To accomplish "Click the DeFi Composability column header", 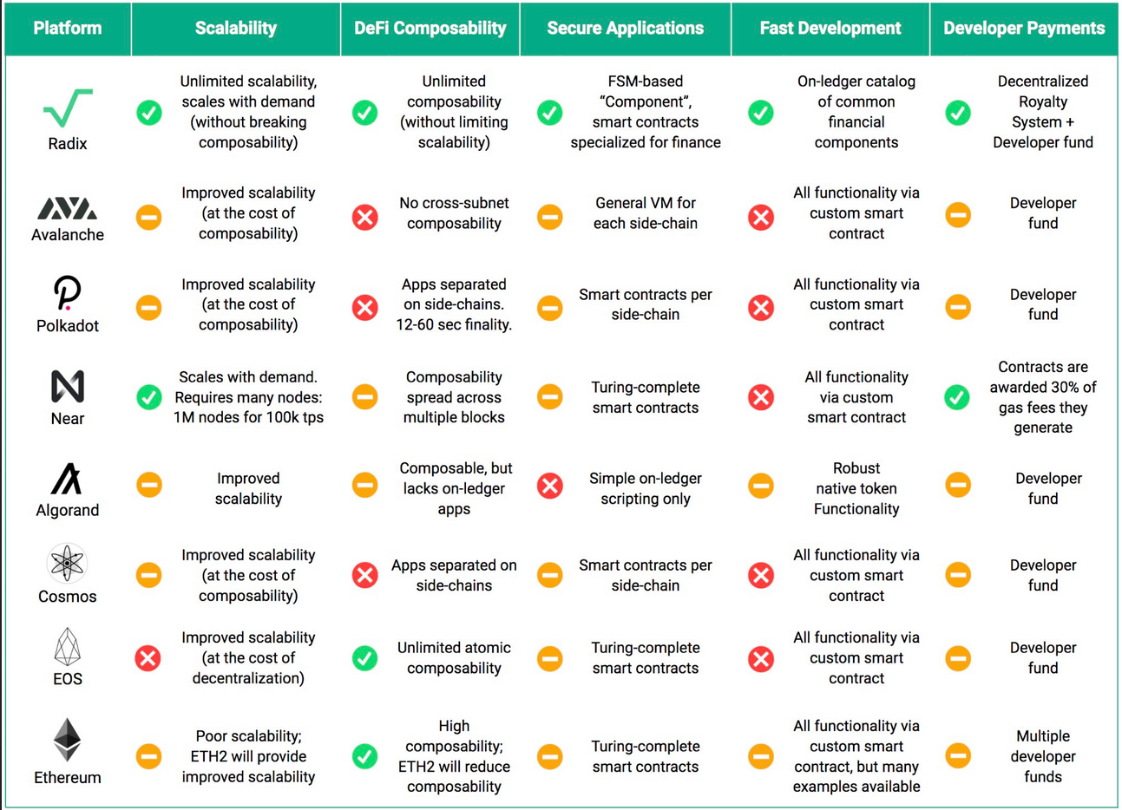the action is pos(430,28).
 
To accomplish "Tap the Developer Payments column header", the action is pos(1024,28).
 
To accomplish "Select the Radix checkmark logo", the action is pos(69,108).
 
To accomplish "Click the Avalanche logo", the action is pos(67,208).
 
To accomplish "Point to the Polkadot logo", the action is pos(67,292).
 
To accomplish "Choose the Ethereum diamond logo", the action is pos(67,740).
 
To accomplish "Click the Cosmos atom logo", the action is pos(67,563).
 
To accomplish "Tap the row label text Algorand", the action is pos(68,510).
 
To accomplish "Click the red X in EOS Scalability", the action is pos(148,658).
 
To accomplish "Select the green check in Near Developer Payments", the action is pos(957,397).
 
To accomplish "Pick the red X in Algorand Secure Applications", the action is pos(550,486).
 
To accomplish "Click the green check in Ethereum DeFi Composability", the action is pos(364,756).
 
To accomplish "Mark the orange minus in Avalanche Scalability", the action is pos(148,218).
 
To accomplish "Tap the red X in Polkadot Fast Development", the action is pos(761,307).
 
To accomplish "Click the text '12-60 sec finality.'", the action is pos(454,325).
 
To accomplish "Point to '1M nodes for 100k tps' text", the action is pos(248,417).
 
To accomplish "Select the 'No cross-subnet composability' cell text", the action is pos(454,213).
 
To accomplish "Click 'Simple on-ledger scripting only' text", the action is pos(645,488).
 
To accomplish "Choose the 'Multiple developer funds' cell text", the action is pos(1043,756).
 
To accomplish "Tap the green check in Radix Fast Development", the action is pos(761,113).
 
